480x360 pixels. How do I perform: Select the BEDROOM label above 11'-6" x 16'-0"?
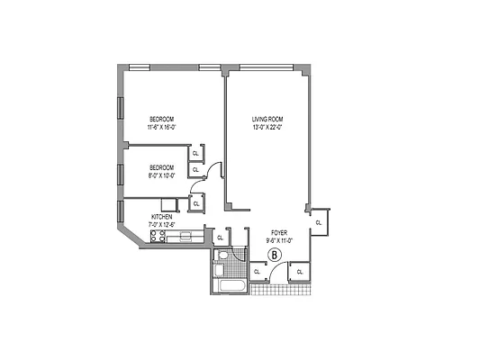162,120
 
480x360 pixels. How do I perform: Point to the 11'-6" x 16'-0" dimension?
162,128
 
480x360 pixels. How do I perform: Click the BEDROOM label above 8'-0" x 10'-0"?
161,167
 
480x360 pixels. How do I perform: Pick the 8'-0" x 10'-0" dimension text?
161,175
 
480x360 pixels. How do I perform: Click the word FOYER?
277,234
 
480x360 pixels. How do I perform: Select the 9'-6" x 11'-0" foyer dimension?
277,241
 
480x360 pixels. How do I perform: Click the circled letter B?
277,256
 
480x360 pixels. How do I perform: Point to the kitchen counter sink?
186,237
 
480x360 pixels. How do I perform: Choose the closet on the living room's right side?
319,221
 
